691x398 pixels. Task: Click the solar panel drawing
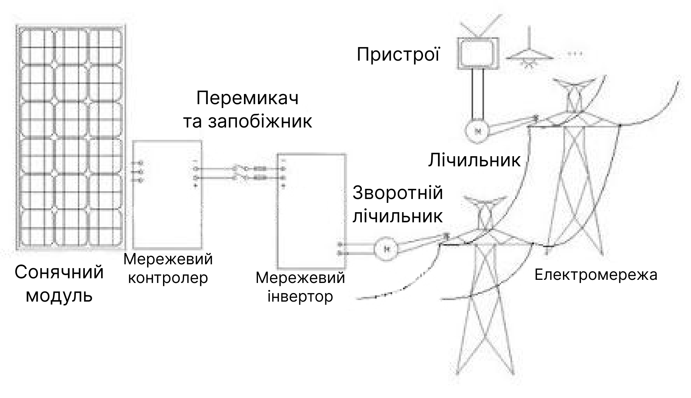click(71, 137)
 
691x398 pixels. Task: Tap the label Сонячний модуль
click(59, 284)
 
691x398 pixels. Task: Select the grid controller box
click(167, 194)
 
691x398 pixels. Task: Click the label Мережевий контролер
click(168, 268)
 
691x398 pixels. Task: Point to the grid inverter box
click(311, 211)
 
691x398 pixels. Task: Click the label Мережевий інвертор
click(300, 287)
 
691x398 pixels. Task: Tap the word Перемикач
click(247, 98)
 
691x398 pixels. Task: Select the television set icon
click(478, 53)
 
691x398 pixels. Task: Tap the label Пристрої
click(398, 54)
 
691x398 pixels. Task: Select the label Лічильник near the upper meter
click(474, 160)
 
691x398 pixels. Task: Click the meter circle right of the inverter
click(386, 248)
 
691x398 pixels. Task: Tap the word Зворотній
click(398, 193)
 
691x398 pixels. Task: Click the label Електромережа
click(596, 275)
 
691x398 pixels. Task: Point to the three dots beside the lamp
click(575, 54)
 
